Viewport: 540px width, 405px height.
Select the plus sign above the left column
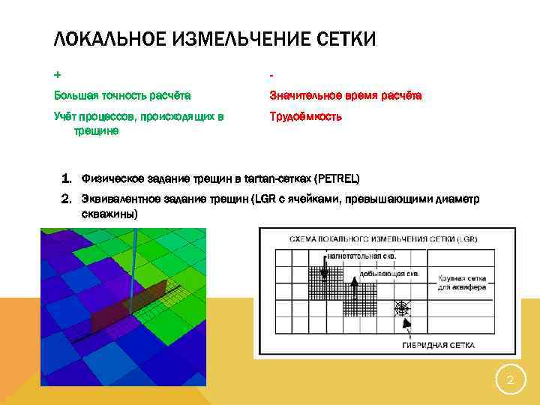coord(57,75)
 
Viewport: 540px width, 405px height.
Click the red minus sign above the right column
coord(272,75)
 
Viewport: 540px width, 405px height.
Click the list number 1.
coord(66,178)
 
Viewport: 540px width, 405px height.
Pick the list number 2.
coord(66,199)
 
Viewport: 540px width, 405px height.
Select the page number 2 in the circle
coord(510,380)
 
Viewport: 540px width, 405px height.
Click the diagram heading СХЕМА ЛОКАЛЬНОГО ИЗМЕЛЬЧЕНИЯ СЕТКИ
coord(375,239)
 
